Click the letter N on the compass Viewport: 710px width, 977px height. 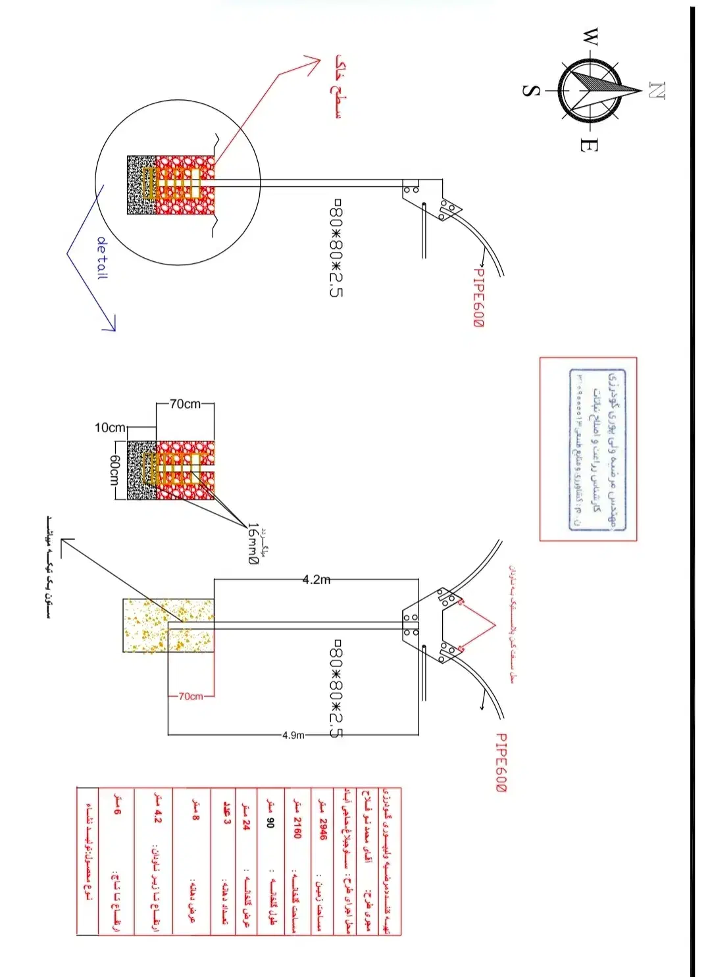[x=657, y=90]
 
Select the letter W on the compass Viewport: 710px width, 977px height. [x=591, y=37]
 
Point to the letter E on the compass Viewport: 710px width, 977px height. [x=588, y=145]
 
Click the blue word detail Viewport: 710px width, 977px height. [x=102, y=258]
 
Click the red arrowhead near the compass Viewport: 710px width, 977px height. [x=312, y=64]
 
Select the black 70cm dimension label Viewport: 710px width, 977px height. [x=186, y=404]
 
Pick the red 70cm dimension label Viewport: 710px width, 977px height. [x=191, y=696]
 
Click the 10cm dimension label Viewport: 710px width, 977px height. [x=110, y=428]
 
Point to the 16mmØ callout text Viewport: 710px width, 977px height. [x=253, y=543]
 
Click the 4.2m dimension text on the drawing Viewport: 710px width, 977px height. [x=316, y=580]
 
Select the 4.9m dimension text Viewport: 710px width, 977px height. [x=293, y=735]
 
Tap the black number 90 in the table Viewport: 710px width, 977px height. [x=270, y=822]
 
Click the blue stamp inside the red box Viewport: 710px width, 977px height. [x=597, y=449]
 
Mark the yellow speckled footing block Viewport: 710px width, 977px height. [x=168, y=626]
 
